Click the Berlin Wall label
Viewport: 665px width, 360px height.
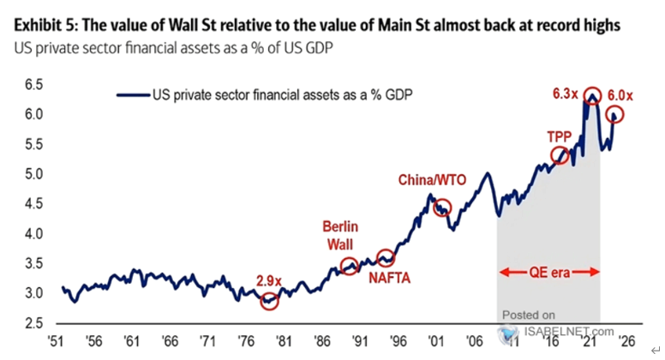coord(340,235)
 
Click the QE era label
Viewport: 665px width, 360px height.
coord(549,273)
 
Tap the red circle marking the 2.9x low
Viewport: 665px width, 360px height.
coord(270,301)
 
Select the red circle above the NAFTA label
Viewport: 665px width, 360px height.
coord(386,257)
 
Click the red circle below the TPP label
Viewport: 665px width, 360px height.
coord(560,155)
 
